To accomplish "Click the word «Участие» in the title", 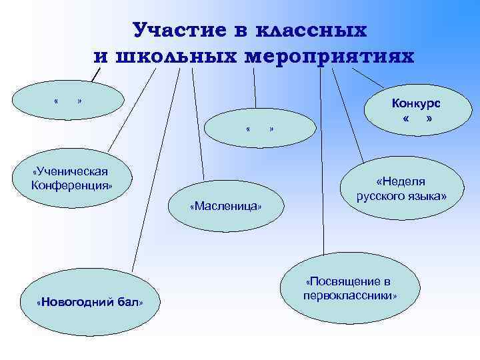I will [173, 31].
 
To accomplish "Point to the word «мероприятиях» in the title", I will [331, 56].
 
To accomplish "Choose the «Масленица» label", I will [226, 207].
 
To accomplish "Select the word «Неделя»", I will [401, 182].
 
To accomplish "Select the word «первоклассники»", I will [350, 295].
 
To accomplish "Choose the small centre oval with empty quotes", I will [260, 127].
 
